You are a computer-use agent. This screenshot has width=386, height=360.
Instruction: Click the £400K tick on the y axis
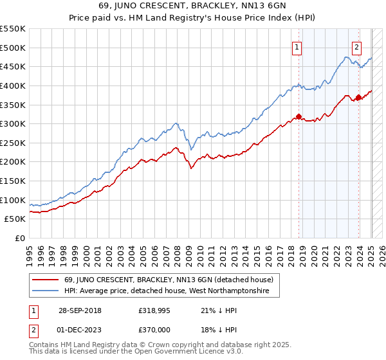click(13, 85)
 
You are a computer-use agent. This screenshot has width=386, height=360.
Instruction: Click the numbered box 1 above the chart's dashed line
click(297, 46)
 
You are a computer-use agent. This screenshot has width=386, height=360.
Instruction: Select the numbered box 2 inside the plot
click(356, 46)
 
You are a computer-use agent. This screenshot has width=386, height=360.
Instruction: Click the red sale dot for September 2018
click(299, 116)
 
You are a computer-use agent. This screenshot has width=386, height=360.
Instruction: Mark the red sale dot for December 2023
click(358, 97)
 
